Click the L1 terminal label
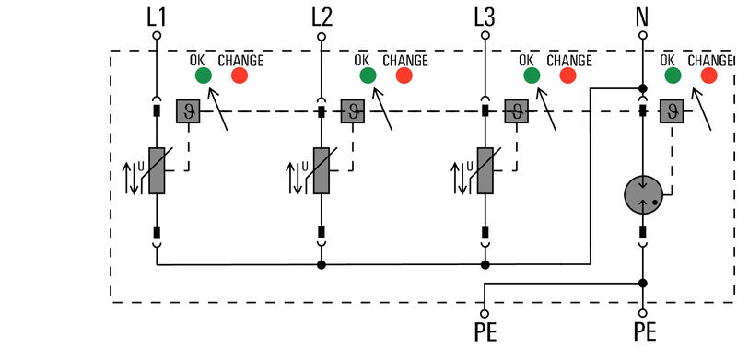(156, 16)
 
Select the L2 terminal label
(321, 16)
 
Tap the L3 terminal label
(485, 16)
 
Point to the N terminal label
(643, 16)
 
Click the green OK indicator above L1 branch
(203, 75)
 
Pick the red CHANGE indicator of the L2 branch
(404, 75)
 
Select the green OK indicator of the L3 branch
(531, 75)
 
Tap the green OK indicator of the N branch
(673, 75)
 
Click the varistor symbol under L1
(157, 170)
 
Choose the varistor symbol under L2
(321, 170)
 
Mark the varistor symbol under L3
(485, 170)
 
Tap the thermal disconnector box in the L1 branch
(188, 111)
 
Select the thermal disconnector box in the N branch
(672, 111)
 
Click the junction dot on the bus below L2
(321, 265)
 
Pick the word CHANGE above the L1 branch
(240, 61)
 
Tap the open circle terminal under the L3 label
(485, 36)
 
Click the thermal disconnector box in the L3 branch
(516, 111)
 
